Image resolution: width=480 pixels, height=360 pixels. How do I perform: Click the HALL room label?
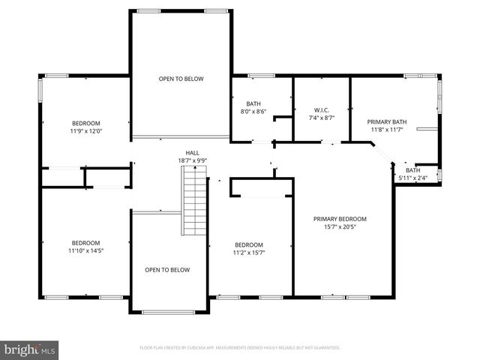[193, 152]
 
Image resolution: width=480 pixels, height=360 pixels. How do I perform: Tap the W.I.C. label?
[321, 110]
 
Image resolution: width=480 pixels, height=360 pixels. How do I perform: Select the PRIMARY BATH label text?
[386, 121]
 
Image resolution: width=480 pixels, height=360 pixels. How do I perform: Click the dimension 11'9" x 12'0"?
[86, 130]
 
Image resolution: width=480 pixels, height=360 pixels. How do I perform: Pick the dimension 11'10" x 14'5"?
[86, 250]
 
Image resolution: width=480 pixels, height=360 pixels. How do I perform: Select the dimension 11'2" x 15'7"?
[249, 253]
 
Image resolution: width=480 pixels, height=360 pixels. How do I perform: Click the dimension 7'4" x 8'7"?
[321, 118]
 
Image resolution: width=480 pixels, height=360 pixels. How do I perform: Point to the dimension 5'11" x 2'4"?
[413, 178]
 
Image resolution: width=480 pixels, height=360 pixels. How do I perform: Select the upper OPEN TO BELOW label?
[181, 79]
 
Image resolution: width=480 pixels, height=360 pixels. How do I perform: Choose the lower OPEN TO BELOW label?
[167, 270]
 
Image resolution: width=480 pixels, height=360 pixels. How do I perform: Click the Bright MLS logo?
[30, 349]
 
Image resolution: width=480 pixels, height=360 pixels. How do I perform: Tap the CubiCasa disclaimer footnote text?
[240, 348]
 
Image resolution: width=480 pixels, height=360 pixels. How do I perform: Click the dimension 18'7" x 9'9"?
[193, 160]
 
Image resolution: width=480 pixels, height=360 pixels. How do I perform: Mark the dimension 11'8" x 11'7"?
[386, 129]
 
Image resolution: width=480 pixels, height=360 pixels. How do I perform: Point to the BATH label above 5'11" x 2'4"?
[413, 170]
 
